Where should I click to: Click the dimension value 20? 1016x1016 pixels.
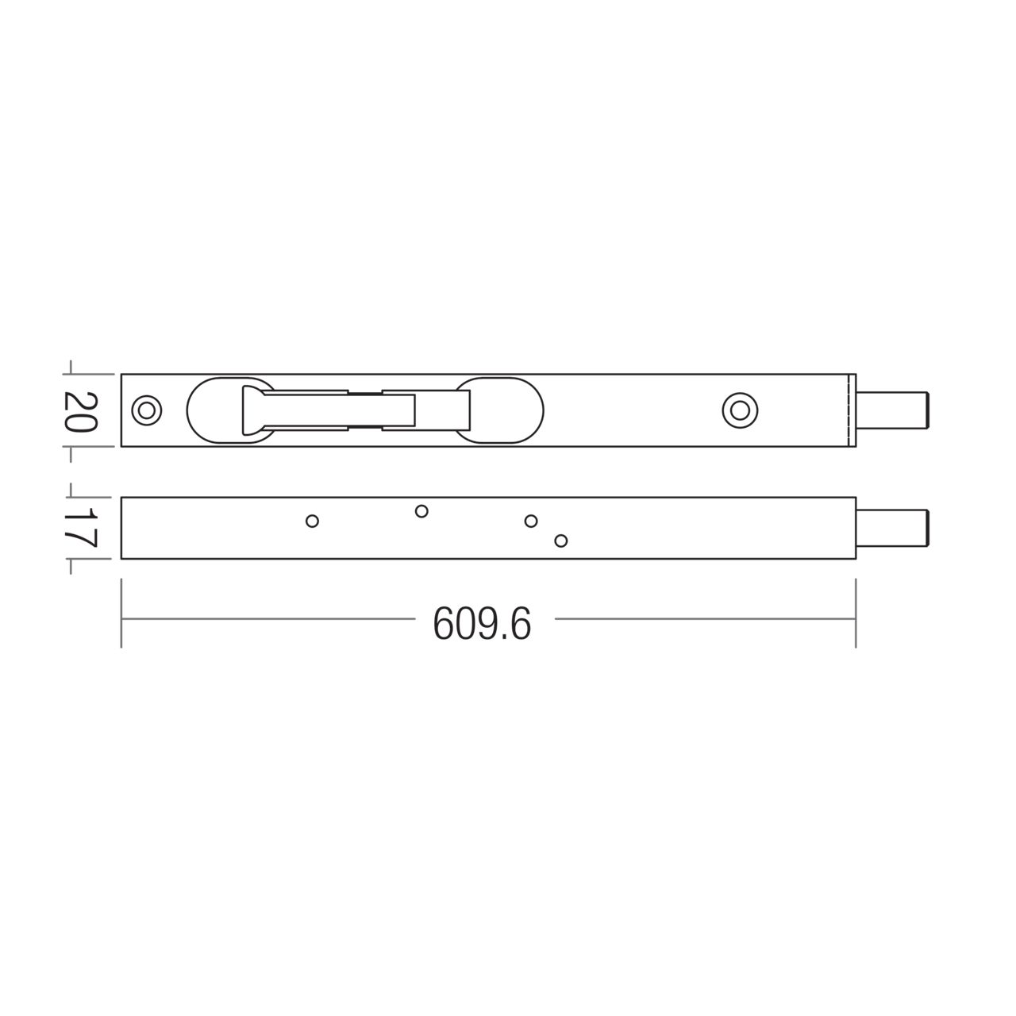click(x=80, y=410)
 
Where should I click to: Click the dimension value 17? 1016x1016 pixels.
click(x=80, y=528)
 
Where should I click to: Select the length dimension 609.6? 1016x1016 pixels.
click(x=482, y=623)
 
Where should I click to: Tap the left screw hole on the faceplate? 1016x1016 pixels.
click(x=145, y=410)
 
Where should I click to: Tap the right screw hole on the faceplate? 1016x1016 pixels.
click(x=740, y=410)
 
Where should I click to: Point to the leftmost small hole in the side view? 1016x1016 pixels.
click(x=312, y=521)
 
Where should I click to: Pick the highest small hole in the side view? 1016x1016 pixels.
click(x=421, y=511)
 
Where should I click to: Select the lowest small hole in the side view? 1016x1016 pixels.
click(x=561, y=541)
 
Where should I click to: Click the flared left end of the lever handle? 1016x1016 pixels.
click(x=252, y=410)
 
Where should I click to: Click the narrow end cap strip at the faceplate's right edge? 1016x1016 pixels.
click(x=852, y=410)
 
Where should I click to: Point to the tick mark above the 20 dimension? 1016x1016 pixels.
click(x=71, y=367)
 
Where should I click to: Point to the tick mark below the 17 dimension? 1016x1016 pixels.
click(x=71, y=566)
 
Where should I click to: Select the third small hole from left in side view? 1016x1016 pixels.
click(x=531, y=521)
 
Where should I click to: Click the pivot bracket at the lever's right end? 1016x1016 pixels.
click(x=462, y=410)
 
